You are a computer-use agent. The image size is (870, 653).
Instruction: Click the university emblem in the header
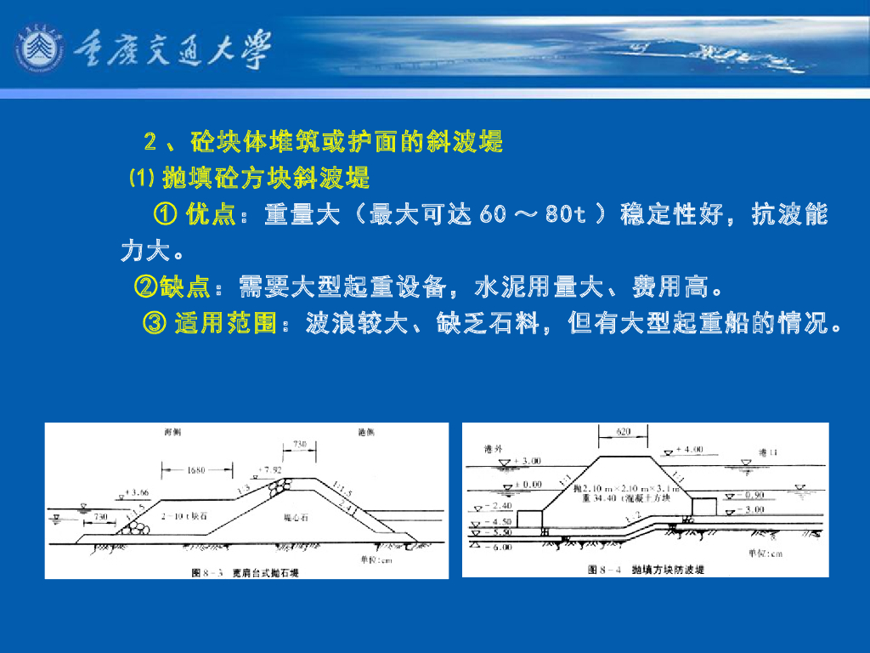pos(38,49)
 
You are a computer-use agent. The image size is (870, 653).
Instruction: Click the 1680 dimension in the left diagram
pos(196,468)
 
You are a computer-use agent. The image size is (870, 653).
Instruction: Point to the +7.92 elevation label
pos(271,469)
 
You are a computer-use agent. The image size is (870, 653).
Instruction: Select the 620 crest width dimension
pos(623,433)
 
